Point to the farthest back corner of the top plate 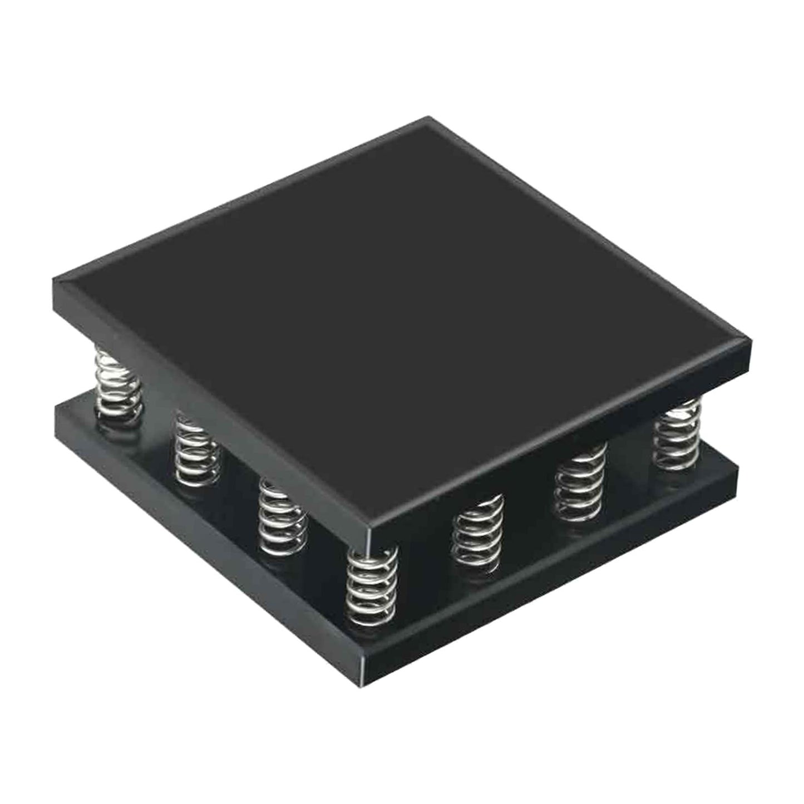tap(428, 118)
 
